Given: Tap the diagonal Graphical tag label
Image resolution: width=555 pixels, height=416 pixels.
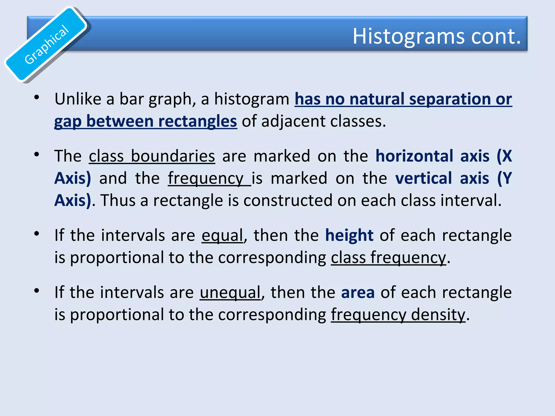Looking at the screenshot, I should coord(47,44).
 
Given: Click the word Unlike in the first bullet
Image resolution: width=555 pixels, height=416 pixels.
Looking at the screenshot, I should coord(78,99).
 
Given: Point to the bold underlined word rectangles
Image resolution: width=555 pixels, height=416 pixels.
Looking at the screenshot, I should coord(198,121).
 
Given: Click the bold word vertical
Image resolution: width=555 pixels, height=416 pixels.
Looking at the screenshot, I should coord(424,178).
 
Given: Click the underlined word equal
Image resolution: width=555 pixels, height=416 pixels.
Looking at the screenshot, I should coord(222,235).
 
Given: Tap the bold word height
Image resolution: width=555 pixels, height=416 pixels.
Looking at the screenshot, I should coord(349,235).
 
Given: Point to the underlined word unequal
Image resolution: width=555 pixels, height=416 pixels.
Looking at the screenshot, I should coord(230,292).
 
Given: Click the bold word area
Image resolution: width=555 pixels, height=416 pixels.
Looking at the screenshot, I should coord(358,292).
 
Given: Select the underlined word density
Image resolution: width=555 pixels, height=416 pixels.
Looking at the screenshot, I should coord(438,315).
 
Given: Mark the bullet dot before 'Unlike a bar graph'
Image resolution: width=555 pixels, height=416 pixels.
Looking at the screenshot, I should coord(37,97).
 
